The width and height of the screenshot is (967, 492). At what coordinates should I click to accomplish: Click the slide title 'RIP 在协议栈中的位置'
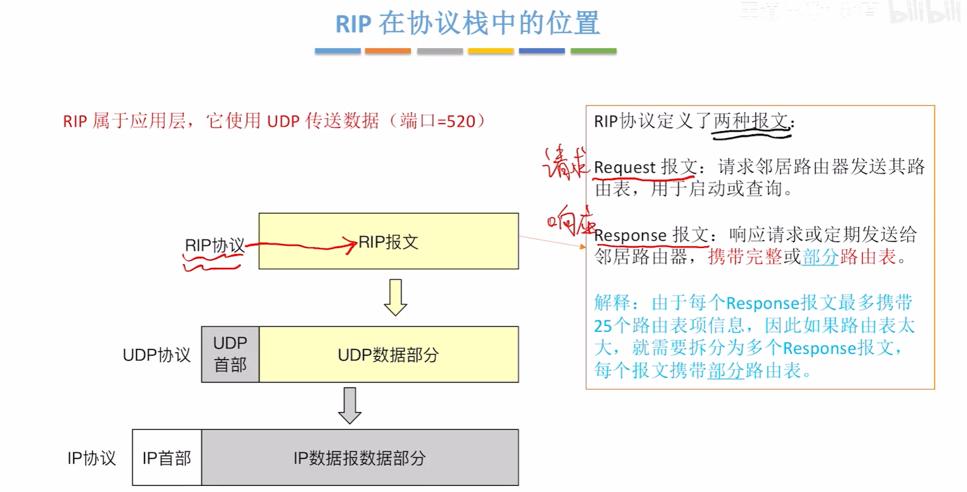coord(468,23)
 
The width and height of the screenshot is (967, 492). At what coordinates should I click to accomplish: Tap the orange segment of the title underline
coord(388,51)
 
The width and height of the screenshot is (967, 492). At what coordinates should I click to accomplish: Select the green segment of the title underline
coord(593,51)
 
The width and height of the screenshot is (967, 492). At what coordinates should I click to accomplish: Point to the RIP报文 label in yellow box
coord(388,242)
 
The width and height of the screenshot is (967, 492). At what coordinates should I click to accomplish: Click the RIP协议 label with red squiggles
coord(214,246)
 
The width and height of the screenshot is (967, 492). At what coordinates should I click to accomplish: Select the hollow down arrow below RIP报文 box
coord(395,297)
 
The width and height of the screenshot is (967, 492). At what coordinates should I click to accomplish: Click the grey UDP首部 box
coord(230,354)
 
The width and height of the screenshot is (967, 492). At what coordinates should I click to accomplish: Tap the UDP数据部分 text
coord(388,355)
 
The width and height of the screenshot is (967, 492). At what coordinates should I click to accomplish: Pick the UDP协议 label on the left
coord(156,355)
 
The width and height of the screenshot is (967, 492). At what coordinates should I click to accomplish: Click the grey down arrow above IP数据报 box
coord(350,405)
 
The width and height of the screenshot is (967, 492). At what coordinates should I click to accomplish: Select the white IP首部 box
coord(166,458)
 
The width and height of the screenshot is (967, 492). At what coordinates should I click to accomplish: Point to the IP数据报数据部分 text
coord(359,458)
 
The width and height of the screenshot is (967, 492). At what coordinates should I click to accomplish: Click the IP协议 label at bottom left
coord(92,458)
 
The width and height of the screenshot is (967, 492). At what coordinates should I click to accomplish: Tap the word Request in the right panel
coord(624,167)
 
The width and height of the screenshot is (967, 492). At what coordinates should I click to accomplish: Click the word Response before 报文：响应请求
coord(630,235)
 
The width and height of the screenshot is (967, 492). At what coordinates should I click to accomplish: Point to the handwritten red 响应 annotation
coord(570,221)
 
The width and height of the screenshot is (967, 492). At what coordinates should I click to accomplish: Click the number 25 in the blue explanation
coord(603,326)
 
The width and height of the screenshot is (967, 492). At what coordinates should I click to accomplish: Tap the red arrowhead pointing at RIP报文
coord(351,245)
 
